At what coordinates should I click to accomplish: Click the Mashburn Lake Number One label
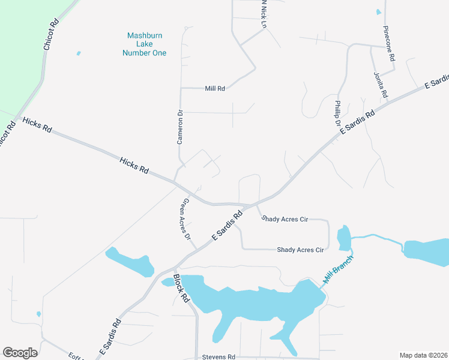[144, 44]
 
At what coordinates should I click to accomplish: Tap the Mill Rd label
[214, 88]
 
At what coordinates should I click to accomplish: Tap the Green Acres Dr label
[187, 219]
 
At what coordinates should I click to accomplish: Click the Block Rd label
[181, 288]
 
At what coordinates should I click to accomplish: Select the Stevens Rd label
[218, 356]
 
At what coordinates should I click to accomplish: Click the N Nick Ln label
[263, 12]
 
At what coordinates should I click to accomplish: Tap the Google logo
[20, 353]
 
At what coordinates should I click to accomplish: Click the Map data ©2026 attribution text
[423, 355]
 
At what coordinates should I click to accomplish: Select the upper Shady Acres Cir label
[285, 220]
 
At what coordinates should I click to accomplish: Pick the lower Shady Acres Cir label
[300, 250]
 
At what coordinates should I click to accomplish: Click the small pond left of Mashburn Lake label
[79, 53]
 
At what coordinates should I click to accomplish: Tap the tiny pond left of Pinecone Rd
[378, 12]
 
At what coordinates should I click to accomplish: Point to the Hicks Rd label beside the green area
[37, 125]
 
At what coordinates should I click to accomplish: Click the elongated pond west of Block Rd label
[129, 262]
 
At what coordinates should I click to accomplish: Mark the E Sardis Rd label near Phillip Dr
[357, 122]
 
